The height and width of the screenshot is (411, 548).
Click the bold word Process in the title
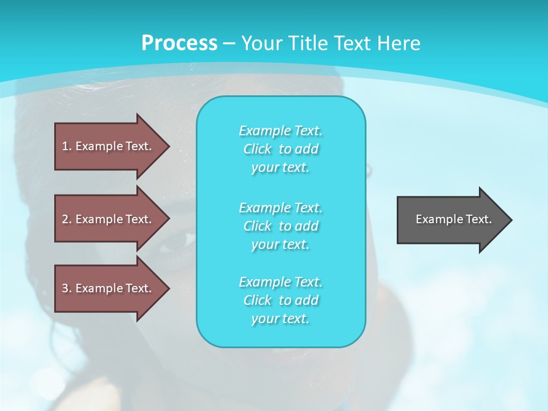click(x=179, y=43)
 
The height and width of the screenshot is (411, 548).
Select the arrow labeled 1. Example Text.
click(x=108, y=146)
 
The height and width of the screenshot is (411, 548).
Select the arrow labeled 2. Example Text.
click(x=108, y=219)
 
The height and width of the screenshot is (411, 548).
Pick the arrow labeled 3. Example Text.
click(x=108, y=288)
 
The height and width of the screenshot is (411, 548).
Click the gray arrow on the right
click(x=451, y=220)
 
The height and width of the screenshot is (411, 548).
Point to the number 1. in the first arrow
click(x=67, y=146)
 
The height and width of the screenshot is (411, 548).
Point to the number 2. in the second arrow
click(x=67, y=219)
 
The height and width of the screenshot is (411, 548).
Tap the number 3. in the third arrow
click(x=67, y=288)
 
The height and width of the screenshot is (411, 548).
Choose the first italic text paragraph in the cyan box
click(x=281, y=149)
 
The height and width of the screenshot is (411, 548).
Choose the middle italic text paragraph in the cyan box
click(x=281, y=226)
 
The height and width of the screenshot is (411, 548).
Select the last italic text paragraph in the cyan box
click(x=281, y=300)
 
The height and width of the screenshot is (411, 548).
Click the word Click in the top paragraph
click(x=257, y=149)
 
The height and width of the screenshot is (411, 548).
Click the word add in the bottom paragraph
click(x=307, y=300)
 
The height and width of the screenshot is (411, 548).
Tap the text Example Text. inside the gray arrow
click(x=453, y=219)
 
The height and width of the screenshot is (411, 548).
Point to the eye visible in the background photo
click(x=179, y=240)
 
